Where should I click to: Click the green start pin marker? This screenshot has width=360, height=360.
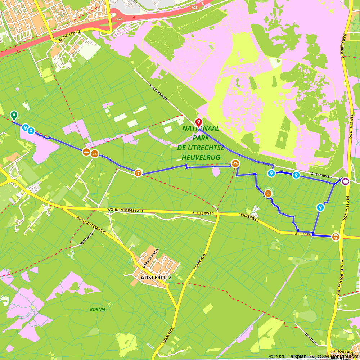pos(14,115)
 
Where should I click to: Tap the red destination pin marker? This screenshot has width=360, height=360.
pos(198,122)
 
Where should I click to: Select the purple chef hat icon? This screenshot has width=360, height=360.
pos(346,181)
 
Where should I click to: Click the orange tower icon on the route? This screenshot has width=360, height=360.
pos(268,193)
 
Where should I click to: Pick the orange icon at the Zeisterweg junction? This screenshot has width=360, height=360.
pos(336,237)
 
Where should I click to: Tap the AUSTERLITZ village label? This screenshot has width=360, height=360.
pos(156,278)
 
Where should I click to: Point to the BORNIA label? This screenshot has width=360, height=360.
pos(98,309)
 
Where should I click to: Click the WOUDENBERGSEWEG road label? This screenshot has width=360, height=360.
pos(126,210)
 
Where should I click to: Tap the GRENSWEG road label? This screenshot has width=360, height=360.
pos(85,240)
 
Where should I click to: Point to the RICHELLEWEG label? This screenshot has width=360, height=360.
pos(70,36)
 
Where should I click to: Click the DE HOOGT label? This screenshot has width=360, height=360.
pos(312,338)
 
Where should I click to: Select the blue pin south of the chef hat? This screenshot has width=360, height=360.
pos(320,207)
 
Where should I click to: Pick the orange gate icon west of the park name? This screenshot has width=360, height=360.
pos(138,173)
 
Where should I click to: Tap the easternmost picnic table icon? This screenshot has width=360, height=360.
pos(235,163)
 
